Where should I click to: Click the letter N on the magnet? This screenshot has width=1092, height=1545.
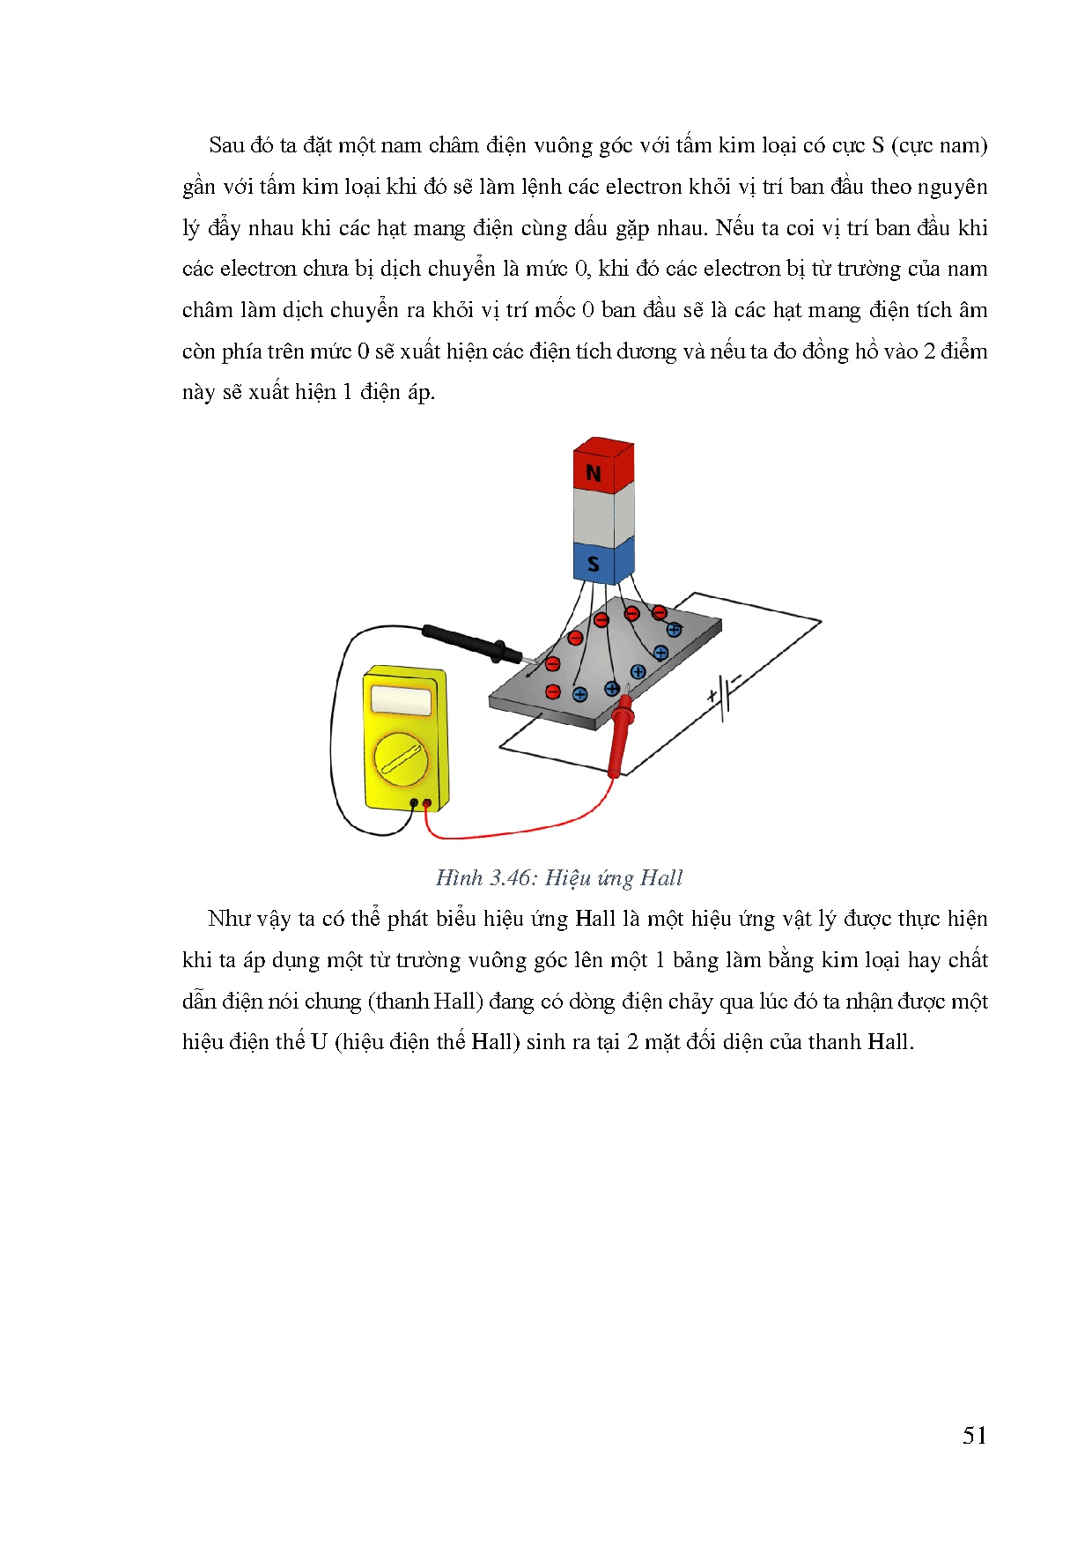[x=594, y=474]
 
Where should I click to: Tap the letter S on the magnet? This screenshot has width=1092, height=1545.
[x=594, y=564]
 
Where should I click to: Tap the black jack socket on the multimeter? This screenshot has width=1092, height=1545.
[x=414, y=802]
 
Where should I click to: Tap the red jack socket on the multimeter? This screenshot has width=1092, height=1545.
[x=427, y=802]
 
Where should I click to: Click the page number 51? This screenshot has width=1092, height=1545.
[x=974, y=1436]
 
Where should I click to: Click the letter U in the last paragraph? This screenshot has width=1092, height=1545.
[x=319, y=1042]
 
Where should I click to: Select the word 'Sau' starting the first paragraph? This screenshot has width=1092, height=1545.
[x=226, y=145]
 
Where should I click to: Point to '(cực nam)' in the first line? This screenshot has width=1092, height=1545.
[x=939, y=145]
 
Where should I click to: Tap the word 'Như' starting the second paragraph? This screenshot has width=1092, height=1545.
[x=230, y=919]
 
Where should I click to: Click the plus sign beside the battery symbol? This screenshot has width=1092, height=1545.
[x=712, y=697]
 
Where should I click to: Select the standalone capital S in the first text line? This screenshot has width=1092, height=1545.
[x=878, y=145]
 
